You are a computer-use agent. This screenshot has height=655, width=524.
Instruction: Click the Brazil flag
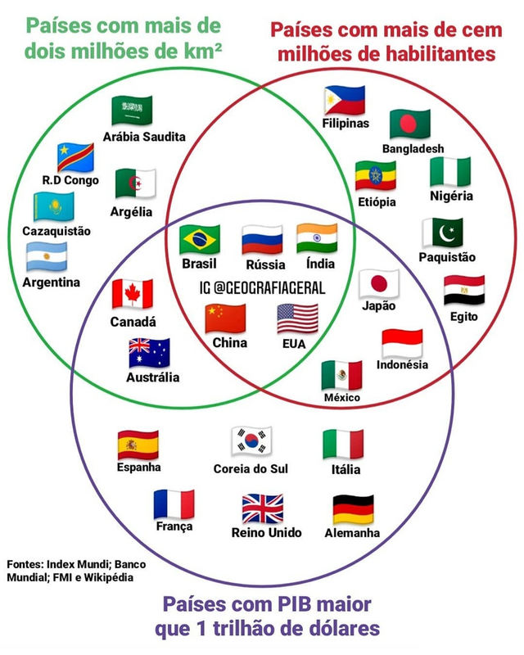click(x=199, y=239)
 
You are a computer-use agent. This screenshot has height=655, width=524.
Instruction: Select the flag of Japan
click(x=379, y=283)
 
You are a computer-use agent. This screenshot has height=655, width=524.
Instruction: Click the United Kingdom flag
click(x=263, y=508)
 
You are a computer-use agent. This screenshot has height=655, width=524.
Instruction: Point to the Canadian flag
click(x=133, y=293)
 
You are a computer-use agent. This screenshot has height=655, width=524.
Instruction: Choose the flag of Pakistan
click(x=442, y=233)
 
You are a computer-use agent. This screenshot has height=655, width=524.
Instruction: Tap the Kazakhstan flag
click(x=54, y=207)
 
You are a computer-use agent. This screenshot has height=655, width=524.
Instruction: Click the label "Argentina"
click(x=52, y=282)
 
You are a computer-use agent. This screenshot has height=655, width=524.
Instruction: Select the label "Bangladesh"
click(x=413, y=148)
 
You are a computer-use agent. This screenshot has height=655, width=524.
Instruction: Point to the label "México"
click(x=341, y=397)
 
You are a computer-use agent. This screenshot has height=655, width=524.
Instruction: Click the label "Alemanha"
click(x=352, y=532)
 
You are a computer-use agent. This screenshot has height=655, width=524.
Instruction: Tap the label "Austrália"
click(x=152, y=377)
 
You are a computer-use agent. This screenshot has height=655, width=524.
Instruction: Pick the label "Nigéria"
click(x=451, y=196)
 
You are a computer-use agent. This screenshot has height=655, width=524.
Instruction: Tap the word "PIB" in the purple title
click(x=292, y=606)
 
